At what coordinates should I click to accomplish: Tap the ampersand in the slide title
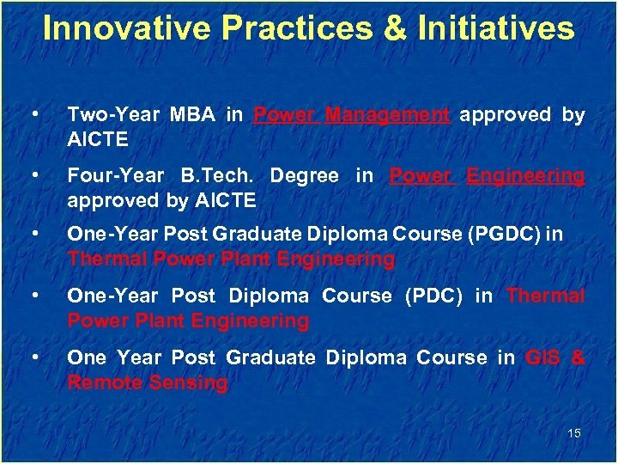point(395,29)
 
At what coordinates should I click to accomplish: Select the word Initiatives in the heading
point(495,29)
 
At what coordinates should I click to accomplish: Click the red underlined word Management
point(388,114)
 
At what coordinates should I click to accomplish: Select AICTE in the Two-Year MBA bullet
point(97,138)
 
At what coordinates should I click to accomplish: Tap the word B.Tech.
point(217,176)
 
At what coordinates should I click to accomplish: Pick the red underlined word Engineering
point(525,176)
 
